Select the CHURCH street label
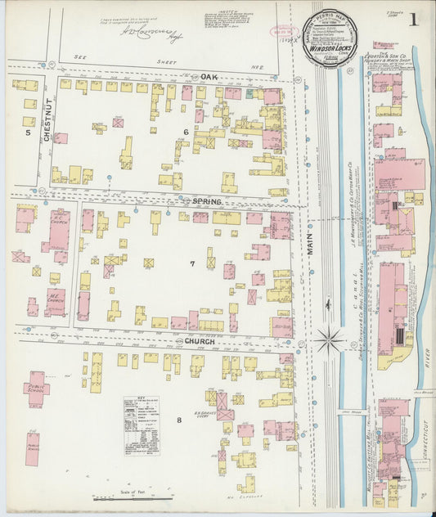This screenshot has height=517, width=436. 200,341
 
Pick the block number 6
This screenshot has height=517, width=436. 186,132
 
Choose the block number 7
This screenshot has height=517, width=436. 192,264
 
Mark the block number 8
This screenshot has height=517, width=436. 179,420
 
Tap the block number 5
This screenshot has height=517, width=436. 27,131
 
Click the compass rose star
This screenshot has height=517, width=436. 329,338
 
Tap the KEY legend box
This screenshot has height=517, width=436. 141,425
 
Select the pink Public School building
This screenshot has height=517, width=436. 35,384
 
